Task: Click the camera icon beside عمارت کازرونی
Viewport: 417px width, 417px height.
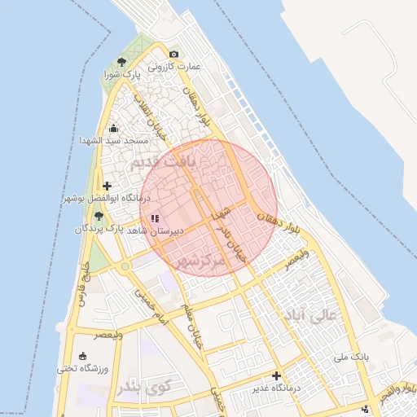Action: click(x=173, y=55)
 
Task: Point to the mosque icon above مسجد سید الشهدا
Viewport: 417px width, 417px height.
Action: click(x=113, y=128)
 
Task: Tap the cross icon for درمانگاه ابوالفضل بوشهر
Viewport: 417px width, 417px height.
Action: click(x=107, y=186)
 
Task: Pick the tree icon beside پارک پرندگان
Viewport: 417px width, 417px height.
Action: click(x=99, y=216)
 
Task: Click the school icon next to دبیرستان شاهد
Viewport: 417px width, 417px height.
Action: click(x=155, y=218)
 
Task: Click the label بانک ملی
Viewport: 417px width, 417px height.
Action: click(x=353, y=358)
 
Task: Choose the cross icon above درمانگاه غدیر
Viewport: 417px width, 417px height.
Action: click(x=277, y=375)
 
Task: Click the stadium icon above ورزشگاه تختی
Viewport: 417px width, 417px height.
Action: click(x=82, y=356)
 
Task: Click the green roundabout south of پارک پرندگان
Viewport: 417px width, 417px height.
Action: click(x=125, y=266)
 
